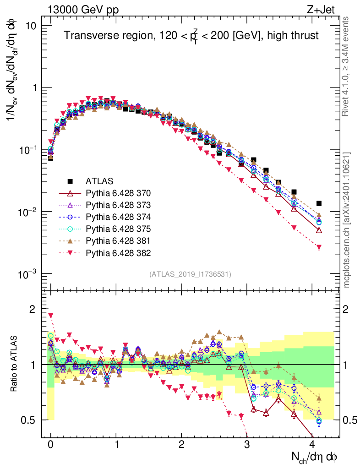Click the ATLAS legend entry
(99, 180)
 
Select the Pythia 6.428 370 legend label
(118, 192)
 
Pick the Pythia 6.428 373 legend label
(118, 204)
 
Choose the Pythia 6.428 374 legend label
(118, 216)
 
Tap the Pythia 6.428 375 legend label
(118, 228)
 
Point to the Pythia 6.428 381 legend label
(118, 240)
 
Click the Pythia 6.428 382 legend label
(118, 252)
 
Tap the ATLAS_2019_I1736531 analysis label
(190, 274)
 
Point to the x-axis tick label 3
(247, 445)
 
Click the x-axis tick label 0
(50, 445)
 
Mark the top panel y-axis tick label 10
(31, 25)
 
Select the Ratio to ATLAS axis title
(15, 364)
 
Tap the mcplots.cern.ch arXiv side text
(347, 219)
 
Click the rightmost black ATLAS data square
(319, 203)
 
